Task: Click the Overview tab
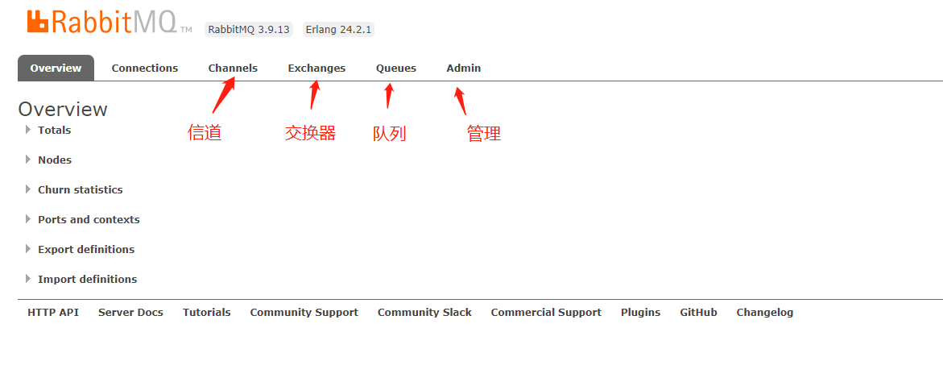tap(56, 69)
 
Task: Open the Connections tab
tap(145, 69)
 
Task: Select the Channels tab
tap(233, 69)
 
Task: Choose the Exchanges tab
tap(316, 69)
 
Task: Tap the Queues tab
tap(396, 69)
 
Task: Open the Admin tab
tap(464, 69)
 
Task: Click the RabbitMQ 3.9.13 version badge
tap(249, 30)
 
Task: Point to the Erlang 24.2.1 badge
tap(339, 30)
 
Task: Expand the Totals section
tap(54, 131)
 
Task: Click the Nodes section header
tap(55, 160)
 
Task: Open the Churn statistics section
tap(80, 190)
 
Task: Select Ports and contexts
tap(89, 220)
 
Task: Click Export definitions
tap(86, 250)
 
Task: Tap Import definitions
tap(87, 280)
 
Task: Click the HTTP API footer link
tap(53, 313)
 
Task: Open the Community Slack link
tap(424, 313)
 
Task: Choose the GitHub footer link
tap(698, 313)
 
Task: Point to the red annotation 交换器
tap(310, 133)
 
